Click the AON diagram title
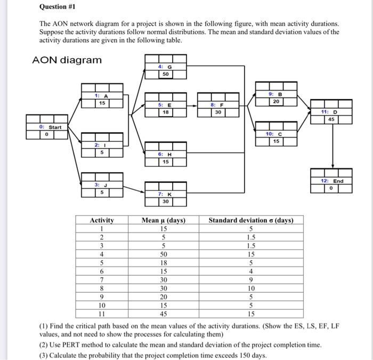[x=67, y=60]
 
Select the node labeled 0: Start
[x=47, y=127]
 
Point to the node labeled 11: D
[x=331, y=112]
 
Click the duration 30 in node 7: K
[x=166, y=202]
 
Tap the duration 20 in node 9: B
[x=275, y=101]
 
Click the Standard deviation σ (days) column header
[x=250, y=220]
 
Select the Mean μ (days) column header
[x=164, y=220]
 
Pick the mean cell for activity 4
[x=164, y=254]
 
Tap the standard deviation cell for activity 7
[x=250, y=280]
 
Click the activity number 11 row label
[x=101, y=314]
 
